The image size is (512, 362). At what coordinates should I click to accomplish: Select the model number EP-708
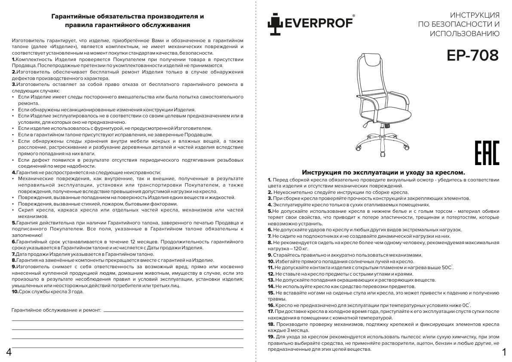(x=472, y=55)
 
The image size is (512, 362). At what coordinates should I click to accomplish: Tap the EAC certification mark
(x=487, y=153)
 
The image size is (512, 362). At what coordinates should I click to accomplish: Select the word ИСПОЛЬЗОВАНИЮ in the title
(x=464, y=34)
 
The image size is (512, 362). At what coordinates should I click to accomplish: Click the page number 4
(x=8, y=353)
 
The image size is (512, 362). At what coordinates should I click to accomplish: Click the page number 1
(x=504, y=353)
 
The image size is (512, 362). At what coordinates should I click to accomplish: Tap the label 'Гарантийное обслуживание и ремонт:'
(x=56, y=310)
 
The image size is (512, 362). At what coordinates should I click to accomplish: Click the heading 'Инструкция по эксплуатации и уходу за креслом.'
(x=383, y=172)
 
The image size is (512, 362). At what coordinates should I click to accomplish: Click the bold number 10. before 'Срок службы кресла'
(x=15, y=291)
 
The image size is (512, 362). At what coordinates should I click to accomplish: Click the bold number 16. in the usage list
(x=271, y=305)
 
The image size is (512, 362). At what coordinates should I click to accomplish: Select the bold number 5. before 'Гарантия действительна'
(x=14, y=223)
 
